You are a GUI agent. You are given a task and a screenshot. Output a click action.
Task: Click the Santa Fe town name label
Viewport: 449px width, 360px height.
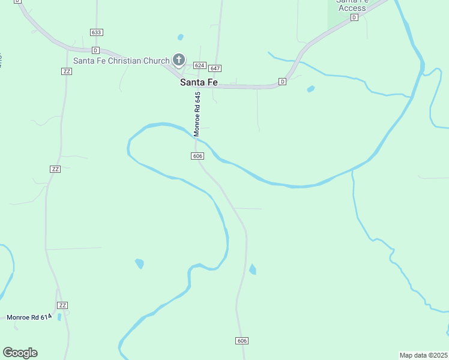click(x=199, y=83)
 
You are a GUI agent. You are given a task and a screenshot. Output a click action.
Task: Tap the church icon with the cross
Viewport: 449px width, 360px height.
click(x=178, y=59)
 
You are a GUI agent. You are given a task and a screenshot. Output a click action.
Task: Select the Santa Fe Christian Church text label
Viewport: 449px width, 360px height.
click(x=121, y=61)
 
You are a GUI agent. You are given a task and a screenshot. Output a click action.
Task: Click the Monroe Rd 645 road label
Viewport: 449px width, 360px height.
click(x=197, y=113)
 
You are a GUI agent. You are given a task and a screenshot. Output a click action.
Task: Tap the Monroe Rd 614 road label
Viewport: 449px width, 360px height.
click(x=27, y=317)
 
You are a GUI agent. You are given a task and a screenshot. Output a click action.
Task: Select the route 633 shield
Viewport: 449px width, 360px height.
click(x=97, y=32)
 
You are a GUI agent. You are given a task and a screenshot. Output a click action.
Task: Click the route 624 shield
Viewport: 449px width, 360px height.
click(x=200, y=65)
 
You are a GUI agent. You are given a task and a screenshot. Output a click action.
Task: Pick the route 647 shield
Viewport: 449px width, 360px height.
click(x=215, y=68)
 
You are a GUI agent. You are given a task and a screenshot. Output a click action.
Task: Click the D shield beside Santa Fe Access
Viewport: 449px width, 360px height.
click(x=354, y=17)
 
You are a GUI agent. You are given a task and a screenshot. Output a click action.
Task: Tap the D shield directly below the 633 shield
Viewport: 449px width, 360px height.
click(x=95, y=50)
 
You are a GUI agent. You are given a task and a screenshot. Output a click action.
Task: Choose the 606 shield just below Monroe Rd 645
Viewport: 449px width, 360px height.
click(x=198, y=156)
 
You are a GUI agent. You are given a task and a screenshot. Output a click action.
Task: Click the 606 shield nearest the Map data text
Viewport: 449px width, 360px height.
click(x=242, y=341)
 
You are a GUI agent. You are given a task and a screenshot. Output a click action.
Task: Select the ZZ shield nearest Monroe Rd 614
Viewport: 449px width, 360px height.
click(x=62, y=305)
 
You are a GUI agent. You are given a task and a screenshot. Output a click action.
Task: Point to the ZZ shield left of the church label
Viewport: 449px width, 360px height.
click(x=67, y=71)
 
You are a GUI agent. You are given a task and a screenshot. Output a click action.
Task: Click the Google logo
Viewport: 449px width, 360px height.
click(x=20, y=353)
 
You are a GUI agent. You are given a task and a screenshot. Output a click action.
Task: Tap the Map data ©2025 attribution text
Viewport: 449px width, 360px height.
click(x=423, y=355)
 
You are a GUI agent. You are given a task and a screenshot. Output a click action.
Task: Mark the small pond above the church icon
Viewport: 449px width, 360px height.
click(x=180, y=37)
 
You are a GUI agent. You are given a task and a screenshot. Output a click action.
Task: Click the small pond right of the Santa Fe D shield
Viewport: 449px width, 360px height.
click(x=310, y=89)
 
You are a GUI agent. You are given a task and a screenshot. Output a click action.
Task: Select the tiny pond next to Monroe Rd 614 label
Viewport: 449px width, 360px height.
click(x=59, y=317)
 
